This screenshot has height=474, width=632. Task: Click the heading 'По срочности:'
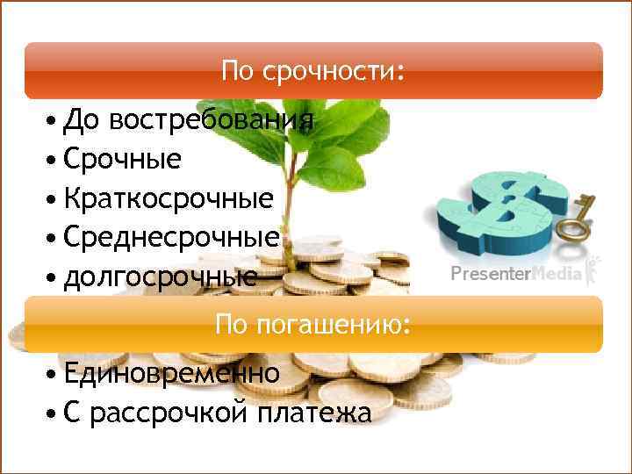coord(313,70)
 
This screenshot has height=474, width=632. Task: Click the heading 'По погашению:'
coord(313,326)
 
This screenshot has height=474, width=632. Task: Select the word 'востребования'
coord(212,120)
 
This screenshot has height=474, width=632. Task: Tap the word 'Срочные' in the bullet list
coord(122,160)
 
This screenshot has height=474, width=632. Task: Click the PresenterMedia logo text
coord(515,275)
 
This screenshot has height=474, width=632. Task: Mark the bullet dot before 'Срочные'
coord(54,161)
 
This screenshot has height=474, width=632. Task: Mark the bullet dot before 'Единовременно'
coord(54,374)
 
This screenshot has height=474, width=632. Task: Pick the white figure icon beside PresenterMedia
coord(593,271)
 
